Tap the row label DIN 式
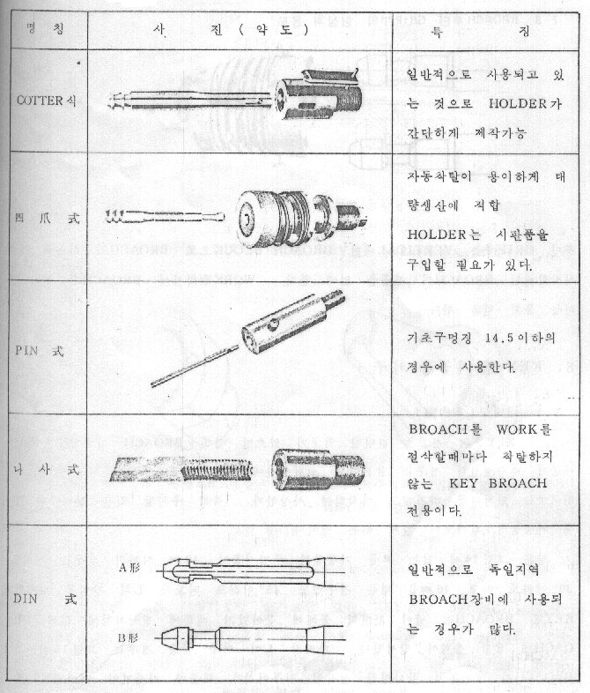pos(49,600)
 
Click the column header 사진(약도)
pos(232,28)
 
